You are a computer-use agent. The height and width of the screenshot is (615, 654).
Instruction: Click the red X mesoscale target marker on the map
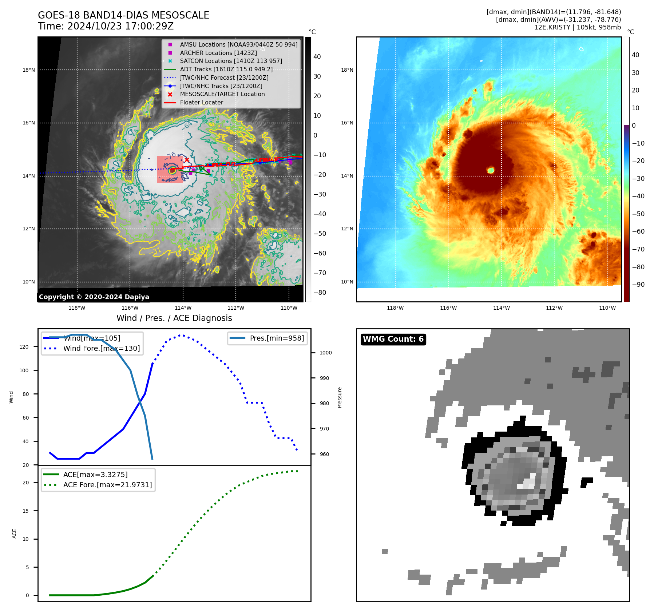pos(187,160)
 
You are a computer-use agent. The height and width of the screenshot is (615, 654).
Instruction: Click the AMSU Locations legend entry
pos(238,44)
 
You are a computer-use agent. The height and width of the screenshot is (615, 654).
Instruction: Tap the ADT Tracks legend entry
pos(226,69)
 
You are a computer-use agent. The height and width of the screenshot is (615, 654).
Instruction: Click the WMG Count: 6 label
pos(393,339)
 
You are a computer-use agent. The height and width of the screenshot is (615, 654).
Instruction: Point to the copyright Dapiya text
pos(94,297)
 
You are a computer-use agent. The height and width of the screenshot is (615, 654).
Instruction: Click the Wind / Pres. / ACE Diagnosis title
pos(174,318)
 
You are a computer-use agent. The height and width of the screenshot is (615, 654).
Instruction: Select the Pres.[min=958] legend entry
pos(277,338)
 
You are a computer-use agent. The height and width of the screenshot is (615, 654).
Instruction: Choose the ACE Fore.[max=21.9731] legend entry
pos(107,485)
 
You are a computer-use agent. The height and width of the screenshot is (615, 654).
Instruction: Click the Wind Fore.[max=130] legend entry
pos(101,348)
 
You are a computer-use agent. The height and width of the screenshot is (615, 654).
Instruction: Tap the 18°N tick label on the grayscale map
pos(29,70)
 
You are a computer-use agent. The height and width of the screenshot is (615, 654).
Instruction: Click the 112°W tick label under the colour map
pos(554,308)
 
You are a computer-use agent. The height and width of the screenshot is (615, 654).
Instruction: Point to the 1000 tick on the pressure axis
pos(325,353)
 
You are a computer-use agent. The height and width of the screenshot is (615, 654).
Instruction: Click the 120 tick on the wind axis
pos(24,347)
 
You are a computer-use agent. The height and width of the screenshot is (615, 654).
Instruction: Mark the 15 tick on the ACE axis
pos(25,511)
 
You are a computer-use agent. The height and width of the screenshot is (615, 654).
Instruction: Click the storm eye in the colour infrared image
pos(491,170)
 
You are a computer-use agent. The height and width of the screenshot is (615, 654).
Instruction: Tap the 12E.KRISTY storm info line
pos(577,27)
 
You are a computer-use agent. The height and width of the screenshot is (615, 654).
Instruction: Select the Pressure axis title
pos(340,397)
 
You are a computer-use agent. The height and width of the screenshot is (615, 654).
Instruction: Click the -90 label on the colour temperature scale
pos(638,285)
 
